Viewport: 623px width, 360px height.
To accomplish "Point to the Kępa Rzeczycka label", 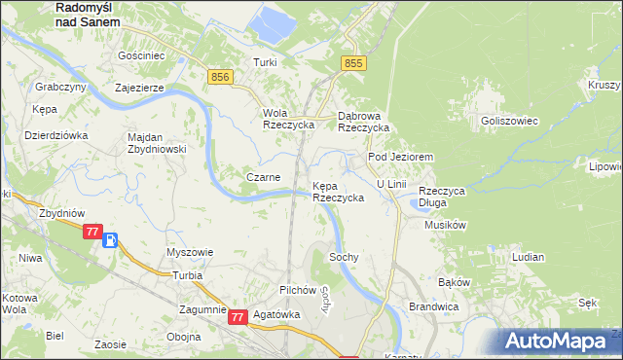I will tap(338, 191).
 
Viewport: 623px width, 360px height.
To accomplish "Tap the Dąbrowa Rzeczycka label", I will tap(363, 121).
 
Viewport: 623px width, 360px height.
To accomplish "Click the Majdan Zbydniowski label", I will tap(157, 142).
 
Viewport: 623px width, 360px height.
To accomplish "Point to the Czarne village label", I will tap(264, 177).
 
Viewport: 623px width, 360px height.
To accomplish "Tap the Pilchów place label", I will tap(298, 290).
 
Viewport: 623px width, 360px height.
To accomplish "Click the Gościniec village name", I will tap(136, 56).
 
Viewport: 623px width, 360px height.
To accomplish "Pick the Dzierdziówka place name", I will tap(55, 135).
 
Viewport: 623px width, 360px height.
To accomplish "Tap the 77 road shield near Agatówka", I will tap(238, 316).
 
